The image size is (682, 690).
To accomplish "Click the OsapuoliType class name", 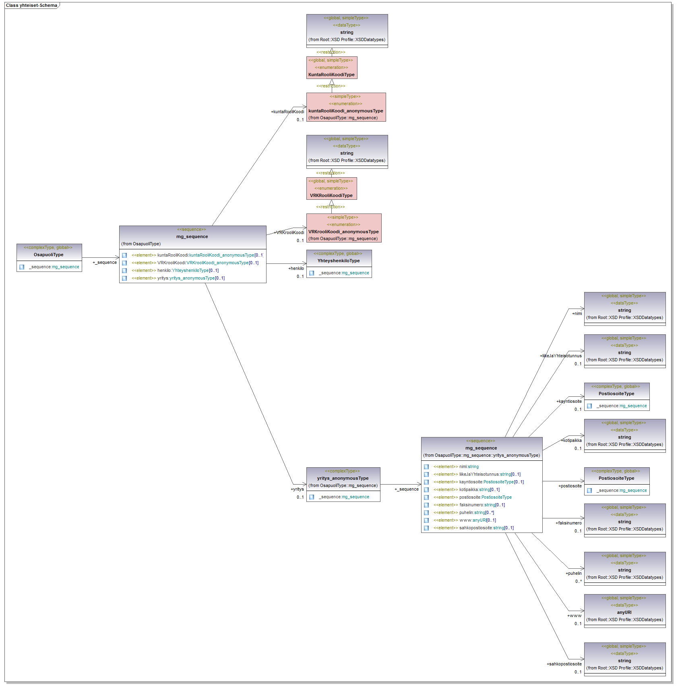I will click(49, 255).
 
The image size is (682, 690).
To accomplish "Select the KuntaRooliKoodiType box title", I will click(331, 75).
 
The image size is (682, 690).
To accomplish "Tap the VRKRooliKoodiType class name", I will click(331, 195).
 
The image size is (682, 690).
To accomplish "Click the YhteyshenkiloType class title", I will click(339, 261).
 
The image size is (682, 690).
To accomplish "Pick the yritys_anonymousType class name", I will click(343, 478).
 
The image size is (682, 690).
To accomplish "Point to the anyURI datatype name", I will click(624, 612).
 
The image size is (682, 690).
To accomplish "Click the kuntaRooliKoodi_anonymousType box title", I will click(345, 111).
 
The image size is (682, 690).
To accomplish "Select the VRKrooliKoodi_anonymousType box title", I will click(343, 232).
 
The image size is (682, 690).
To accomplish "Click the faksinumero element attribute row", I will click(469, 505).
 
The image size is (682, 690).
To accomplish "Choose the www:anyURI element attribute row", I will click(465, 520).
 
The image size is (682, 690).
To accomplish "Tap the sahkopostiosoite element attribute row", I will click(473, 528).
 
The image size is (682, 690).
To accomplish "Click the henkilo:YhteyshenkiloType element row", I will click(175, 270).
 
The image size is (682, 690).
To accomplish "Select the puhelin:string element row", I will click(463, 512).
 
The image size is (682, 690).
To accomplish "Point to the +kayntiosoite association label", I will click(569, 401).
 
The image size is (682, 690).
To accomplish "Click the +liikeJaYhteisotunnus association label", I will click(560, 356).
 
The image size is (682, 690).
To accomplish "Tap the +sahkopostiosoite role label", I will click(564, 664).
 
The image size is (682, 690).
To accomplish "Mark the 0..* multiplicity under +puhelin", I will click(578, 581).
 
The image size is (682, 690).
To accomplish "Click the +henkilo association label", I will click(296, 268).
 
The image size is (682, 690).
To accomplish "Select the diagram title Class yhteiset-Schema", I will click(31, 5).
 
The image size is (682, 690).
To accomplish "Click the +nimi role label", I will click(577, 313).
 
